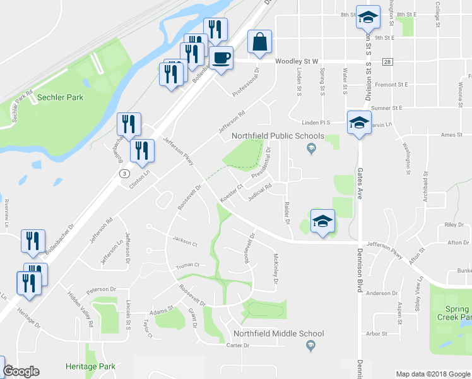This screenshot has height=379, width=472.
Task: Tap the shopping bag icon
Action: pos(259,42)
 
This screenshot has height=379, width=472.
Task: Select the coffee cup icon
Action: pos(221,58)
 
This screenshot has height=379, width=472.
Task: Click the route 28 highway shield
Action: pos(387,61)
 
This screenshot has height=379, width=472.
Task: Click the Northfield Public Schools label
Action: pos(278,136)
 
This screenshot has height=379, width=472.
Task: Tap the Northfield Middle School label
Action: pos(278,334)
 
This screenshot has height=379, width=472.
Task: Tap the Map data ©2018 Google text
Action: pos(432,374)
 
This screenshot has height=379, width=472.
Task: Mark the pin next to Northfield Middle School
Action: pos(310,344)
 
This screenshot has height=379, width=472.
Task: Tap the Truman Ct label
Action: pos(187,265)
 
